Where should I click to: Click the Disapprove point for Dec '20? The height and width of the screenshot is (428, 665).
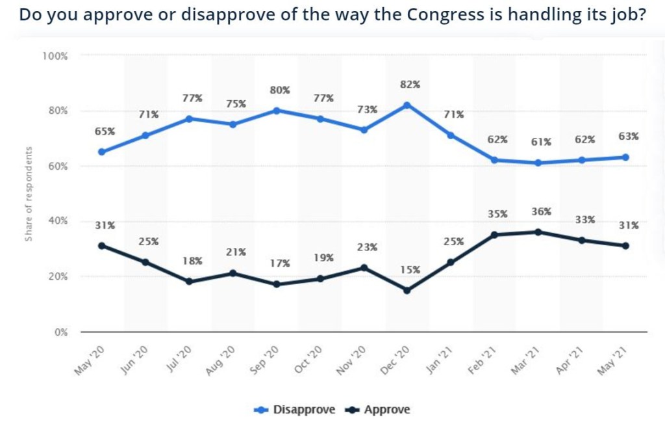tap(407, 105)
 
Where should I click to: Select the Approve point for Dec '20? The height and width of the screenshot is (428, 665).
tap(407, 290)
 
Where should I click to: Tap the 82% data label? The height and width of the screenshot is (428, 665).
tap(410, 85)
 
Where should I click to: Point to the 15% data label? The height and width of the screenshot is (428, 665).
tap(410, 269)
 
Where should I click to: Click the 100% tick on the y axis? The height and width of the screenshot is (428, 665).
tap(55, 56)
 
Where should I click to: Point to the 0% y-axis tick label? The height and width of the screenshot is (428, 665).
tap(60, 332)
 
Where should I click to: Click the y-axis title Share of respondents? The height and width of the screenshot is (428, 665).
tap(29, 193)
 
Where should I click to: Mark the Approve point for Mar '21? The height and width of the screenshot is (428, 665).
tap(538, 232)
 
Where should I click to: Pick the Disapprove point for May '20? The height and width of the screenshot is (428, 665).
tap(102, 152)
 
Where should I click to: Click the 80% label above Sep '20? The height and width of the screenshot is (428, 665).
tap(280, 90)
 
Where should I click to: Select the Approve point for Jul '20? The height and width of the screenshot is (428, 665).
tap(189, 282)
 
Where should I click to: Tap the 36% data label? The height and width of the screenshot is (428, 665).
tap(541, 211)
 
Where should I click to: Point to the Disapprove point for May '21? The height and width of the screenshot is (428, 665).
tap(625, 157)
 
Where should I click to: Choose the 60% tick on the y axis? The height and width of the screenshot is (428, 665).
tap(57, 167)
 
